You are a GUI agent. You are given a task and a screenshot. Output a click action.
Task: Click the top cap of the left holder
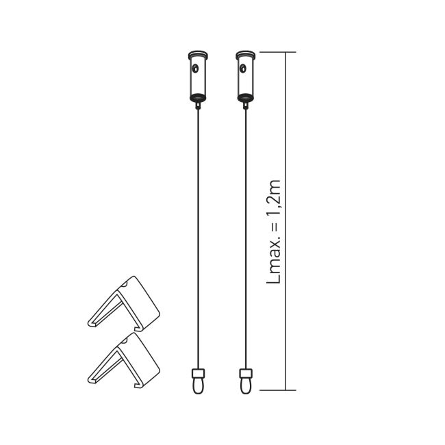coord(197,54)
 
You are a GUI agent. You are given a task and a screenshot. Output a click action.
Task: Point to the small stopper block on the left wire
coord(197,373)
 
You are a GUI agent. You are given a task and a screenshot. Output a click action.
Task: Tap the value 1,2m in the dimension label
coord(273,198)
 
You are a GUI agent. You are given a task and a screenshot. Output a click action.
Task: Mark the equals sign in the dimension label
coord(275,229)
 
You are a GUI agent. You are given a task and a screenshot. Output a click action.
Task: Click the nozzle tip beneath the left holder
coord(197,103)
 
